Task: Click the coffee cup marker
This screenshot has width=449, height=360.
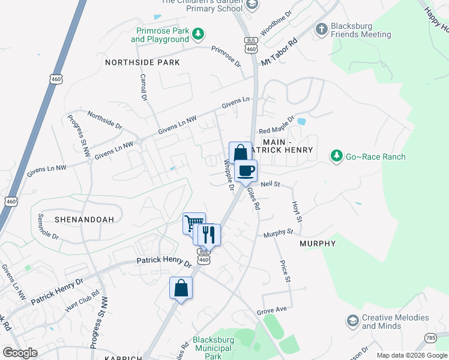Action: (246, 171)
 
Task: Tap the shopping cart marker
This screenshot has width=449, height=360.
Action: (193, 224)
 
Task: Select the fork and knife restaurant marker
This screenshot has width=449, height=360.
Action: (209, 235)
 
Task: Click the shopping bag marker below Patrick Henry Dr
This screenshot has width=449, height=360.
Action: (181, 288)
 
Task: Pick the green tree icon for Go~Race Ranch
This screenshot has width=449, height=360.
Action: (337, 157)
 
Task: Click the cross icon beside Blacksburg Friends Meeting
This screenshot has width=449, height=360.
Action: (322, 29)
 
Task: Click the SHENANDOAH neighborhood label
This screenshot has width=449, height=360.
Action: (84, 220)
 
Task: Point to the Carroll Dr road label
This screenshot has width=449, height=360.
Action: (143, 87)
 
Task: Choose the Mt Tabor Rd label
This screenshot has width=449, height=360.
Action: (279, 54)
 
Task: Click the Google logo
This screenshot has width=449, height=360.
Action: (20, 353)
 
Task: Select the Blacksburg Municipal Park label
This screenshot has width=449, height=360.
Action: (214, 347)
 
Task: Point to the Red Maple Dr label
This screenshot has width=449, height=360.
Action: (276, 125)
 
